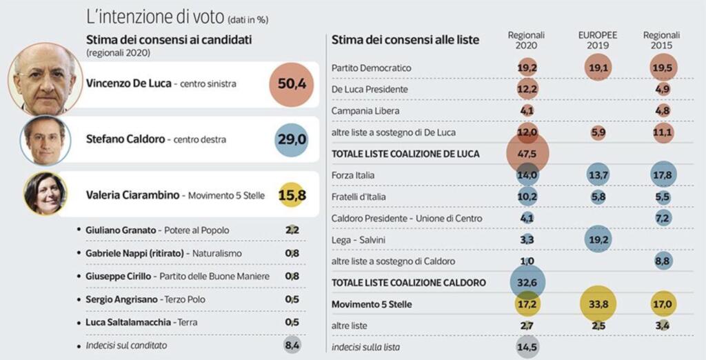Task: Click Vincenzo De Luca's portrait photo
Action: click(45, 79)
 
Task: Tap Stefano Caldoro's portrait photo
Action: click(45, 140)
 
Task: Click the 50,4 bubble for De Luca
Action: click(292, 84)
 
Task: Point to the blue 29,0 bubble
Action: click(292, 140)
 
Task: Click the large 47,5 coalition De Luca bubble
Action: click(527, 154)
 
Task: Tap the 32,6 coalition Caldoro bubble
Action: click(527, 283)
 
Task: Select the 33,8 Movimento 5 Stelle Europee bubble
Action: click(597, 304)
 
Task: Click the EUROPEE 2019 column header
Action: click(597, 40)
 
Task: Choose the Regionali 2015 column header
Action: click(660, 40)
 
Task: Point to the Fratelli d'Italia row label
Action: click(363, 197)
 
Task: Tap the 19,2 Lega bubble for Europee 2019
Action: click(597, 240)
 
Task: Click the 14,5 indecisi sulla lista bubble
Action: click(527, 347)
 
